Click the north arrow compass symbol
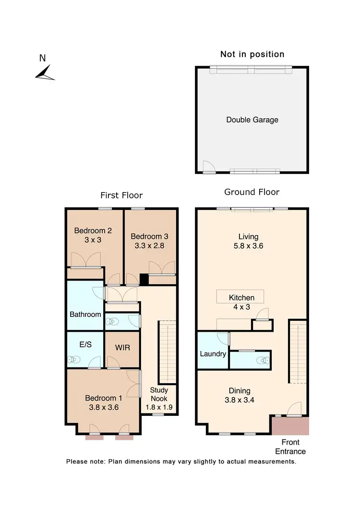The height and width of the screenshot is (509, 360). pyautogui.click(x=45, y=73)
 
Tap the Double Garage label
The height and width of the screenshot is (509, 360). pyautogui.click(x=252, y=120)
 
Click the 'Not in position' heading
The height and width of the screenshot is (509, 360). pyautogui.click(x=252, y=54)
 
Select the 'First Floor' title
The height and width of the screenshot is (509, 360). pyautogui.click(x=121, y=195)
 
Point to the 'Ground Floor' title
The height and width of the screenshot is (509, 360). pyautogui.click(x=252, y=192)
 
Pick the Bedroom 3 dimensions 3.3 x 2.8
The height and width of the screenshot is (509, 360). pyautogui.click(x=149, y=246)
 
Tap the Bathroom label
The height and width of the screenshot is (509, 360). pyautogui.click(x=85, y=315)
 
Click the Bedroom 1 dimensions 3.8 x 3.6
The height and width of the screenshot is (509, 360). pyautogui.click(x=104, y=407)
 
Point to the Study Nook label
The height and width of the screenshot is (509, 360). pyautogui.click(x=159, y=394)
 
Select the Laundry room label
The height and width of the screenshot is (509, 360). pyautogui.click(x=213, y=354)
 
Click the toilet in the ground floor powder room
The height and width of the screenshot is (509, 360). pyautogui.click(x=261, y=360)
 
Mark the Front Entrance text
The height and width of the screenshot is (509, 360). pyautogui.click(x=290, y=447)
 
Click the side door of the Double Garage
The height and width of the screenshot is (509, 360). pyautogui.click(x=208, y=166)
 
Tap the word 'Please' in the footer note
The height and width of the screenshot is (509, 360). pyautogui.click(x=76, y=461)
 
